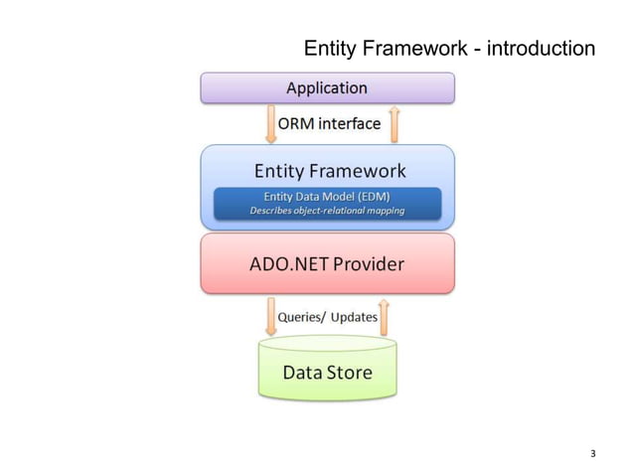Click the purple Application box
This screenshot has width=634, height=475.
coord(327,87)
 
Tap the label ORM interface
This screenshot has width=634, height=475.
coord(328,123)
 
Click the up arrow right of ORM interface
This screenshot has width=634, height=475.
coord(394,123)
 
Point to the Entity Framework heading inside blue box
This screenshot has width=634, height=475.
coord(327,171)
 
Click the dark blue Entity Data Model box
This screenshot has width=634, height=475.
coord(327,203)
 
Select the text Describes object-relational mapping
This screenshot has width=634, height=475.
coord(327,211)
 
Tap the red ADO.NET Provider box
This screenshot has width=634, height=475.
coord(327,264)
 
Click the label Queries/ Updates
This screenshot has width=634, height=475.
coord(327,317)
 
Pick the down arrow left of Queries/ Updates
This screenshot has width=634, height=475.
coord(271,317)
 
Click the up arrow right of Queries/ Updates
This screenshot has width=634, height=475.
coord(385,317)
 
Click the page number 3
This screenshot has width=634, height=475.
coord(592,454)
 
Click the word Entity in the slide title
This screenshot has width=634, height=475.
coord(327,49)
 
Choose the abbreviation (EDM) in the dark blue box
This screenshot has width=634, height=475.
coord(371,196)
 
